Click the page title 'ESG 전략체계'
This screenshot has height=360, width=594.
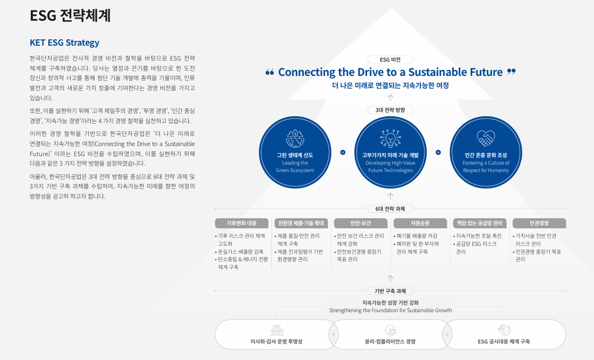pyautogui.click(x=70, y=15)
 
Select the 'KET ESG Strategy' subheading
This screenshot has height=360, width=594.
pyautogui.click(x=65, y=43)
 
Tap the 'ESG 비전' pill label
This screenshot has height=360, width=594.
pyautogui.click(x=391, y=59)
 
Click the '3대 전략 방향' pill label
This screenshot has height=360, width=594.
pyautogui.click(x=391, y=110)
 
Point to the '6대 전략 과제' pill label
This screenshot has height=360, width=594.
pyautogui.click(x=391, y=209)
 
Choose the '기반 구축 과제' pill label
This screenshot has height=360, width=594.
pyautogui.click(x=391, y=291)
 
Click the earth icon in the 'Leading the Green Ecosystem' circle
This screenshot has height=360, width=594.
pyautogui.click(x=295, y=138)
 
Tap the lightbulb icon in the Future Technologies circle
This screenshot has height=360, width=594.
pyautogui.click(x=391, y=138)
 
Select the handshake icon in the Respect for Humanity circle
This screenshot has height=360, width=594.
pyautogui.click(x=486, y=138)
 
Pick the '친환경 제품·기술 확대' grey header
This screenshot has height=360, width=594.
pyautogui.click(x=301, y=223)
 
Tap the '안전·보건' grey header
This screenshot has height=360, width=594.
pyautogui.click(x=361, y=223)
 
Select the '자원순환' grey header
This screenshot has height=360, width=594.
pyautogui.click(x=420, y=223)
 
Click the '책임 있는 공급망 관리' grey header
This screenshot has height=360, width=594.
pyautogui.click(x=480, y=223)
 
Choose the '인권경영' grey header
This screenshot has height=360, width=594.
pyautogui.click(x=539, y=223)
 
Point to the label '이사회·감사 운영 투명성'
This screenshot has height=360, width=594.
pyautogui.click(x=276, y=341)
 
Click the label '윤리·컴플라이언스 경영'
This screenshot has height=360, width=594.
pyautogui.click(x=391, y=341)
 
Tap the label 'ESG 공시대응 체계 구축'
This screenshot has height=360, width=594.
pyautogui.click(x=504, y=341)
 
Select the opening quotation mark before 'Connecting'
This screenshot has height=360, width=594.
pyautogui.click(x=269, y=72)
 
